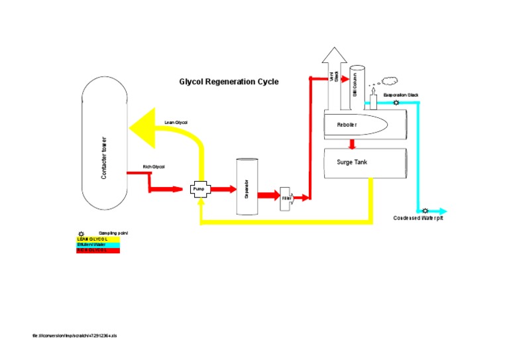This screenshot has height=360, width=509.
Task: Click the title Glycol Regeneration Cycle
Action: [x=229, y=82]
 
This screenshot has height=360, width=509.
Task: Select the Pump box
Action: [x=200, y=189]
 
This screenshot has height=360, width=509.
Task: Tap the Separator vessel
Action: [x=247, y=186]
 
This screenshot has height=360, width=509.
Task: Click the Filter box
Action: [x=287, y=198]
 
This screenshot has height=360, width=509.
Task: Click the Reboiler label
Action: [x=347, y=125]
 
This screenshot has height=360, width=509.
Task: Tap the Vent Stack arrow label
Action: [x=335, y=77]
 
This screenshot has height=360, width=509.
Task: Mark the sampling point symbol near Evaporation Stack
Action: [x=396, y=103]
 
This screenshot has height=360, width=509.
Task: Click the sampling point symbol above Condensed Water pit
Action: [x=425, y=210]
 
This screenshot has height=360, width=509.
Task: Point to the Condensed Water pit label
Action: [x=418, y=218]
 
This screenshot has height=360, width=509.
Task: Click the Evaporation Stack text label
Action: [x=401, y=95]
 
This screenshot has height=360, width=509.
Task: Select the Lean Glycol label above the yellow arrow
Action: [x=176, y=123]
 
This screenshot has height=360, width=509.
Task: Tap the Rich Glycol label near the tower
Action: [x=153, y=166]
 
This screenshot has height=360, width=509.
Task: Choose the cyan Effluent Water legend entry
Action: [x=98, y=245]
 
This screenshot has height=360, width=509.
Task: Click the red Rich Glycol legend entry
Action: [x=98, y=250]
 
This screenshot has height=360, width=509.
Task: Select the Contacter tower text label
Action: [x=103, y=158]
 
